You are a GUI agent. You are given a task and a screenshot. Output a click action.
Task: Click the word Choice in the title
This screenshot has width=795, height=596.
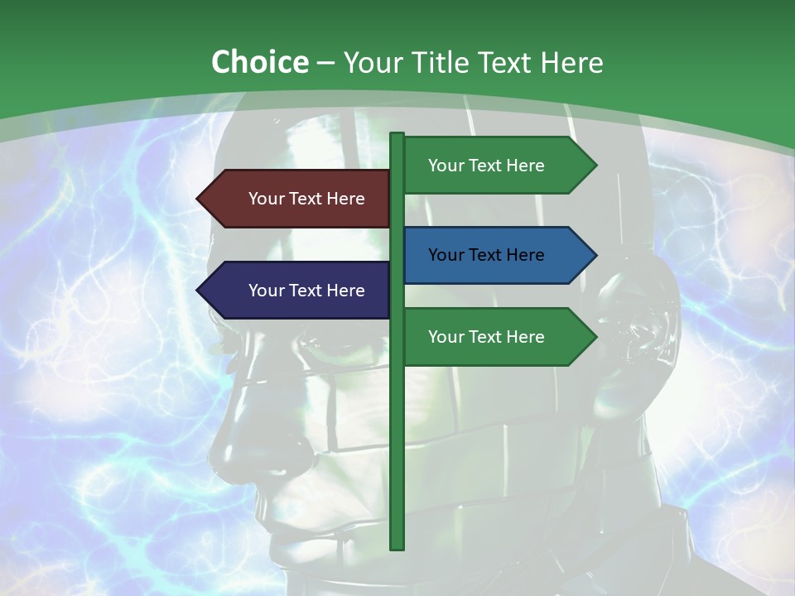[x=259, y=62]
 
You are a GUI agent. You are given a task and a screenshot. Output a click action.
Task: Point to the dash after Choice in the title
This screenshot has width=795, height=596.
[x=325, y=63]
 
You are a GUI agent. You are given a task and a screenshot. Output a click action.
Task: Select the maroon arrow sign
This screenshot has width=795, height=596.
[x=298, y=199]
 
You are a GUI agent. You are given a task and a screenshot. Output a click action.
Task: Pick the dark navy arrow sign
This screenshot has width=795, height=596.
[x=298, y=291]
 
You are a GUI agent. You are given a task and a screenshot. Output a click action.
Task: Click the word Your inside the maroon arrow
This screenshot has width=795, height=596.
[x=265, y=199]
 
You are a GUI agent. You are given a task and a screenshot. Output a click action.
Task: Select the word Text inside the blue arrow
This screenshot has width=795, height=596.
[x=486, y=255]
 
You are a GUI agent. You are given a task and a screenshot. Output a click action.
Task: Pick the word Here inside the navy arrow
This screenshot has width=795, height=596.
[x=344, y=291]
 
